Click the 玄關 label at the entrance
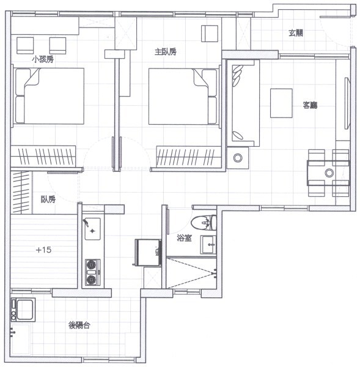(x=296, y=33)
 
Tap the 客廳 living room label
(x=310, y=105)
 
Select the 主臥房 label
(x=166, y=52)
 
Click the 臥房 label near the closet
(x=48, y=199)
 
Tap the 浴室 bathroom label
(x=184, y=237)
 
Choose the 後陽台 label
(x=79, y=325)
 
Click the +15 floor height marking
(x=43, y=250)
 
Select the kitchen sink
(x=92, y=227)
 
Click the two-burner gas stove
(x=92, y=272)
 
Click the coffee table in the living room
(x=282, y=103)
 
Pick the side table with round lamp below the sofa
(x=238, y=158)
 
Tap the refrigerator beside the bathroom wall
(x=147, y=252)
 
